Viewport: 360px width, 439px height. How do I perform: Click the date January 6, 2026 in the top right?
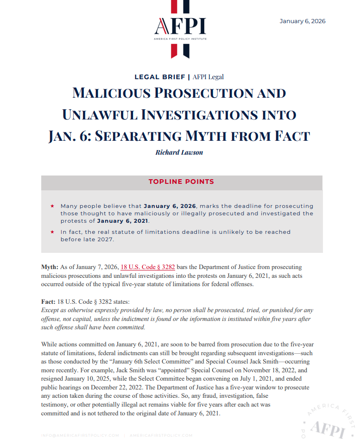tap(302, 21)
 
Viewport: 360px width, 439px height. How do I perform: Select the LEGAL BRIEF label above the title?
tap(159, 77)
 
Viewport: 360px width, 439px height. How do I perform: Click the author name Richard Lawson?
tap(180, 152)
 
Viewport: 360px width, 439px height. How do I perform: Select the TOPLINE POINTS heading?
tap(181, 182)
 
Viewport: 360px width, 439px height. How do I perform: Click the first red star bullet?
tap(52, 206)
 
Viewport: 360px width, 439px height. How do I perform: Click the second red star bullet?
tap(52, 232)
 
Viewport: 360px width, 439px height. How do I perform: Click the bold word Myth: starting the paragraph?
tap(50, 267)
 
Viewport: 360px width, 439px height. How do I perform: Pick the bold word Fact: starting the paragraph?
tap(48, 301)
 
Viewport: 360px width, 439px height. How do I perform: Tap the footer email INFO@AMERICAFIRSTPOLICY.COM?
tap(81, 435)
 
